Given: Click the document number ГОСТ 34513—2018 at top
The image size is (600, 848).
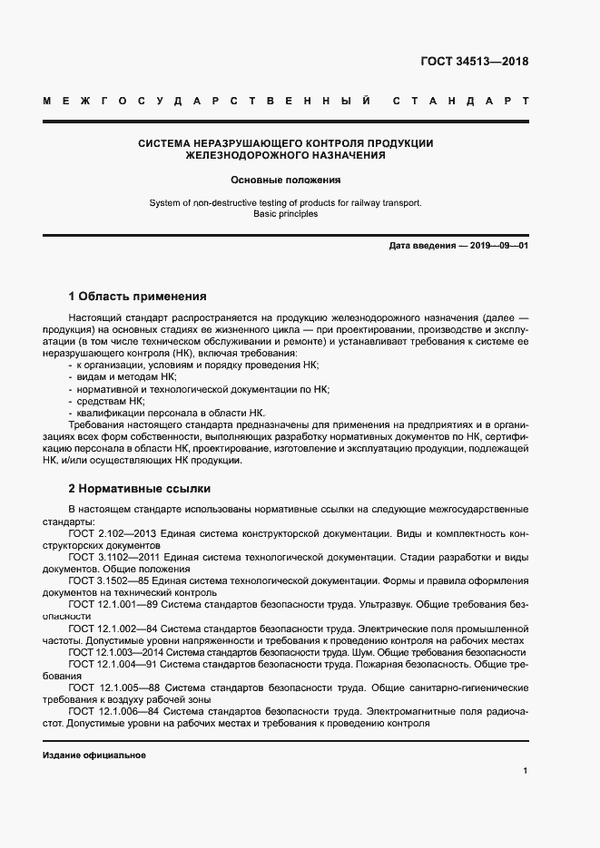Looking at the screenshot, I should (x=475, y=62).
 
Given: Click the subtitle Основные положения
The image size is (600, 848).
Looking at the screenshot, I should (x=285, y=180).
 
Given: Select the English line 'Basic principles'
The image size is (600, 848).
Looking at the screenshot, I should (x=285, y=215).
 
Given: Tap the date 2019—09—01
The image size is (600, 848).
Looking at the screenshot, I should (x=495, y=247).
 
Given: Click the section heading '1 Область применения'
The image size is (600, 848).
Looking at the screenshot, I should (x=138, y=297).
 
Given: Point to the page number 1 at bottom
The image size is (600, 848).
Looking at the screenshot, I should (x=525, y=770).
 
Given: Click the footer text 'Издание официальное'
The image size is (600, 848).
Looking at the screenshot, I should (x=94, y=755).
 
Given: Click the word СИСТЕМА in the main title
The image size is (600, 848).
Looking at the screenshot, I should (x=168, y=142).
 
